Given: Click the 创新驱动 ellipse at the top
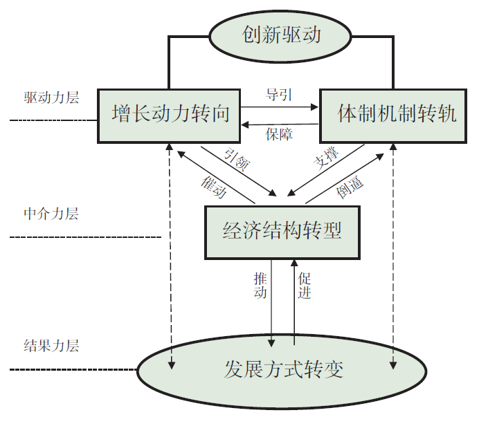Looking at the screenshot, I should tap(281, 35).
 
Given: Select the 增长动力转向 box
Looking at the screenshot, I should tap(170, 113).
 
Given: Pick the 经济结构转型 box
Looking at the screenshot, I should tap(282, 231).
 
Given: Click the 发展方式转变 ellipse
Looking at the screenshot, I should tap(282, 370).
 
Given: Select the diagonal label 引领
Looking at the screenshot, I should tap(236, 159).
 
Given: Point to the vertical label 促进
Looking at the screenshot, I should tap(305, 286).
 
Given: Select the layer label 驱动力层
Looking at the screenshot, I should tap(51, 97).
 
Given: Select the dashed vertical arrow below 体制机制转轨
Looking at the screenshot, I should tap(393, 256).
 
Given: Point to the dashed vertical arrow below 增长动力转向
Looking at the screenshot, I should tap(170, 256).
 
